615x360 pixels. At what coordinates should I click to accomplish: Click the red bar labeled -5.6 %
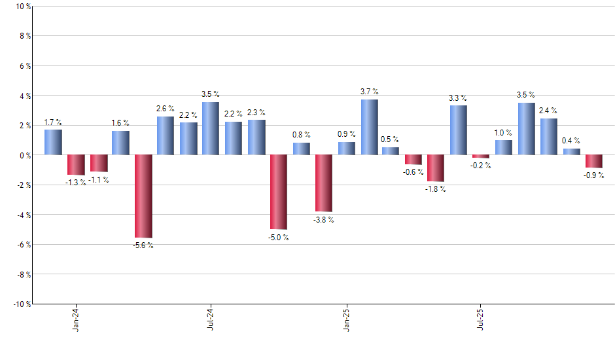tap(143, 196)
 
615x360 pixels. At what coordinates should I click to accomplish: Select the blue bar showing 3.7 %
tap(369, 127)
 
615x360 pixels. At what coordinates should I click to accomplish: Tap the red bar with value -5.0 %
tap(279, 192)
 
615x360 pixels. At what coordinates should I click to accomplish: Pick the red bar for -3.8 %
tap(324, 183)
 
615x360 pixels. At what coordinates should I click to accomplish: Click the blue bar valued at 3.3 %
tap(459, 130)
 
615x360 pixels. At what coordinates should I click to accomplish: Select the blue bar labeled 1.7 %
tap(53, 142)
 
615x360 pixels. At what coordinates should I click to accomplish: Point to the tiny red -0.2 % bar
tap(481, 156)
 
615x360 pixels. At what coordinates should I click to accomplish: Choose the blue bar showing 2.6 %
tap(166, 135)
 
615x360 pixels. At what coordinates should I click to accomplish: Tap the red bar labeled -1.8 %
tap(436, 168)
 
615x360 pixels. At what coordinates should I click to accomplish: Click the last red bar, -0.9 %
tap(594, 162)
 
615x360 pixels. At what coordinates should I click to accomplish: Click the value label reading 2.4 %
tap(548, 111)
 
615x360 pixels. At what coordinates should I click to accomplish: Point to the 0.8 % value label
tap(301, 135)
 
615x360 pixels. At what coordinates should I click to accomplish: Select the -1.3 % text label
tap(76, 183)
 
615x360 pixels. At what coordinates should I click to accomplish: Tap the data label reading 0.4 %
tap(571, 141)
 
